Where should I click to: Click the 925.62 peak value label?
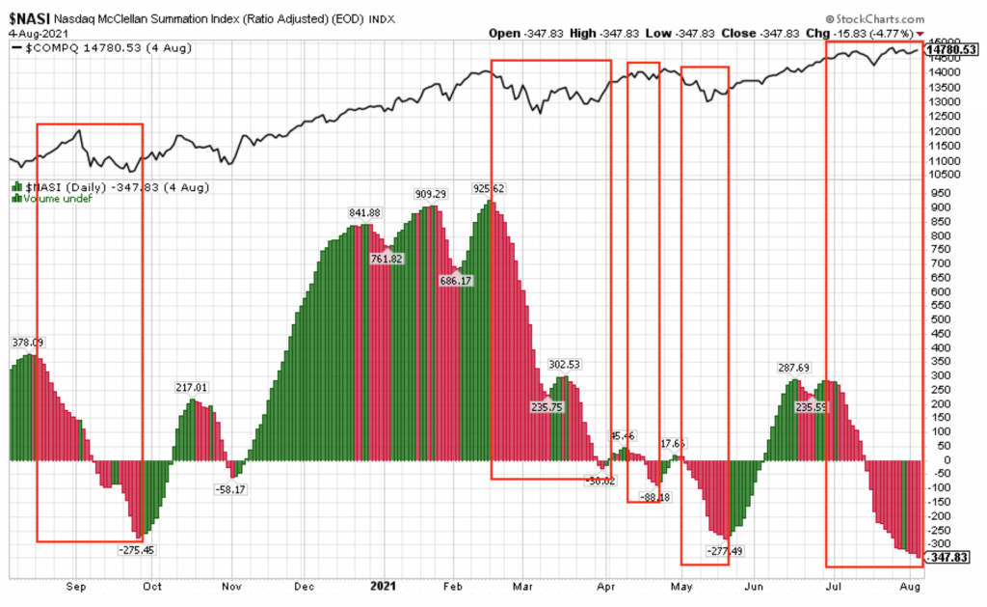(490, 187)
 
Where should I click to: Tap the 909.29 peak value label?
(431, 194)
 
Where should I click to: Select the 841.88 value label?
(365, 213)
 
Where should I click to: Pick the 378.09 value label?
(28, 342)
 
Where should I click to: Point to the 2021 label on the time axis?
(384, 586)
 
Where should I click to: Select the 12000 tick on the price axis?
(942, 131)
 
